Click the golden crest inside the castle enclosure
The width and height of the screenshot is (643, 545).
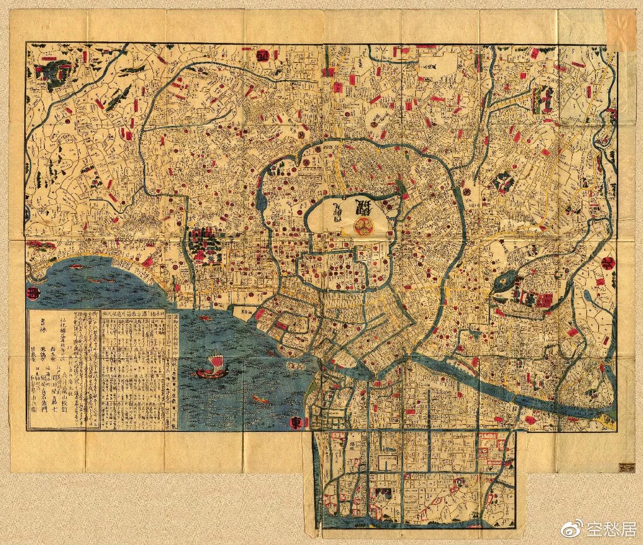(363, 225)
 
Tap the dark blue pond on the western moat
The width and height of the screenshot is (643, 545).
(261, 200)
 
